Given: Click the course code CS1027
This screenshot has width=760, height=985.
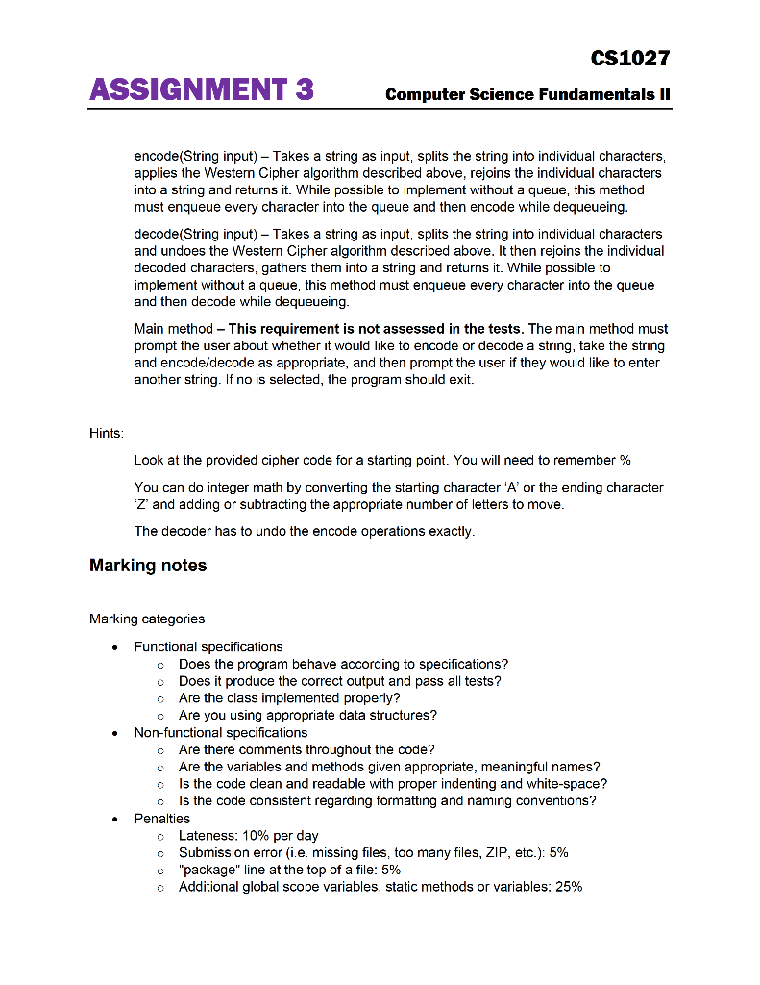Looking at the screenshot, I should [629, 59].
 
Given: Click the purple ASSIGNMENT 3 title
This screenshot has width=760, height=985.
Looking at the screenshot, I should [201, 91].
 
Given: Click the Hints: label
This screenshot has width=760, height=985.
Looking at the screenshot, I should [107, 434].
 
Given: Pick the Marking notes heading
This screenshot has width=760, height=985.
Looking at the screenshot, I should [148, 566].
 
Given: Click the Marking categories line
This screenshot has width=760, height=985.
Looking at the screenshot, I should [147, 619].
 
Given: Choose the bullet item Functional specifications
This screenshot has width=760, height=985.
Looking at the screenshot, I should [208, 647].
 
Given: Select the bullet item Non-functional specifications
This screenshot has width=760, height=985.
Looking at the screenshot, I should [221, 733].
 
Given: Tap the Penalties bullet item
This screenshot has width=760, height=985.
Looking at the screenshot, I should [162, 819].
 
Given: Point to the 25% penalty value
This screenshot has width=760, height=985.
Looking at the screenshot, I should [568, 887].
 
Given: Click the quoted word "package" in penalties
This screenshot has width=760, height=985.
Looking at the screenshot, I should [208, 870].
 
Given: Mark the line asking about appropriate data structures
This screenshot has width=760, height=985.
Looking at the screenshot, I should [307, 716].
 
